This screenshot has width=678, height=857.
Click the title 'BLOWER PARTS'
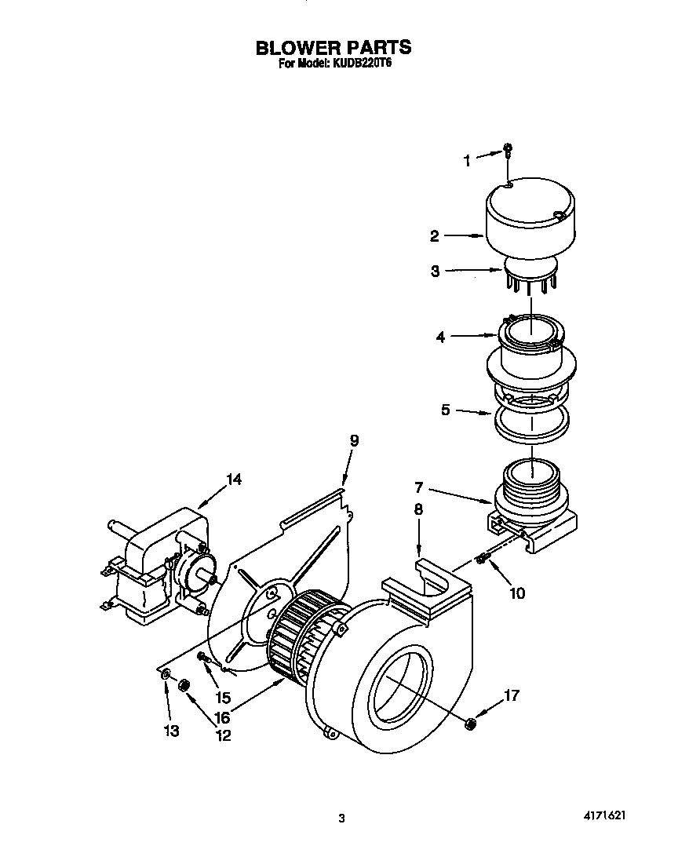pos(334,48)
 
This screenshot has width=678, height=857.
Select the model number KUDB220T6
pos(362,66)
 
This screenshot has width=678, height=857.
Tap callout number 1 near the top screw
pos(468,160)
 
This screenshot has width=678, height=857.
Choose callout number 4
pos(441,337)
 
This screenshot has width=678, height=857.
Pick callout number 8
pos(418,509)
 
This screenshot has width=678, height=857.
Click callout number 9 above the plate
pos(354,440)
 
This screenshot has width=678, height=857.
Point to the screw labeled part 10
pos(481,560)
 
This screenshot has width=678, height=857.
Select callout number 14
pos(235,480)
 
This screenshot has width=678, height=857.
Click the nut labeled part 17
pos(469,722)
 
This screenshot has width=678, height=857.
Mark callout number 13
pos(171,731)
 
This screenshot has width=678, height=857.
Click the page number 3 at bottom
pos(341,819)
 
